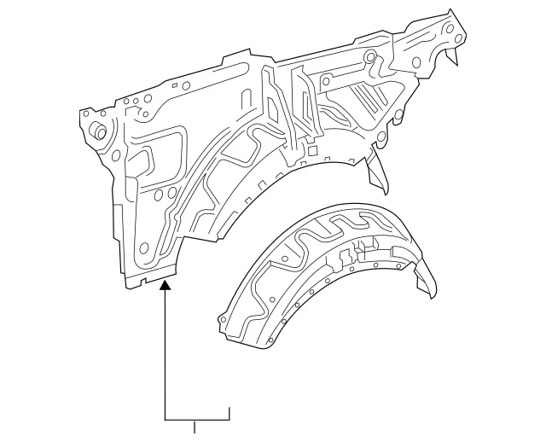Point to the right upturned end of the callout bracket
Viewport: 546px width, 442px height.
[229, 413]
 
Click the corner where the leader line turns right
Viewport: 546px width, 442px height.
[166, 419]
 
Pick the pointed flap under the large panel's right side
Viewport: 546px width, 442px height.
[378, 174]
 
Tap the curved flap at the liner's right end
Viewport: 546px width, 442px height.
[427, 282]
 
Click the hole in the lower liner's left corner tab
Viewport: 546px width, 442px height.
[224, 319]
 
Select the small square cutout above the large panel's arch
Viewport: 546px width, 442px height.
[312, 150]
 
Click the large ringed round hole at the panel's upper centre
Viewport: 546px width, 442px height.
[369, 58]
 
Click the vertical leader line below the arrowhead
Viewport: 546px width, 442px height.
[166, 358]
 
